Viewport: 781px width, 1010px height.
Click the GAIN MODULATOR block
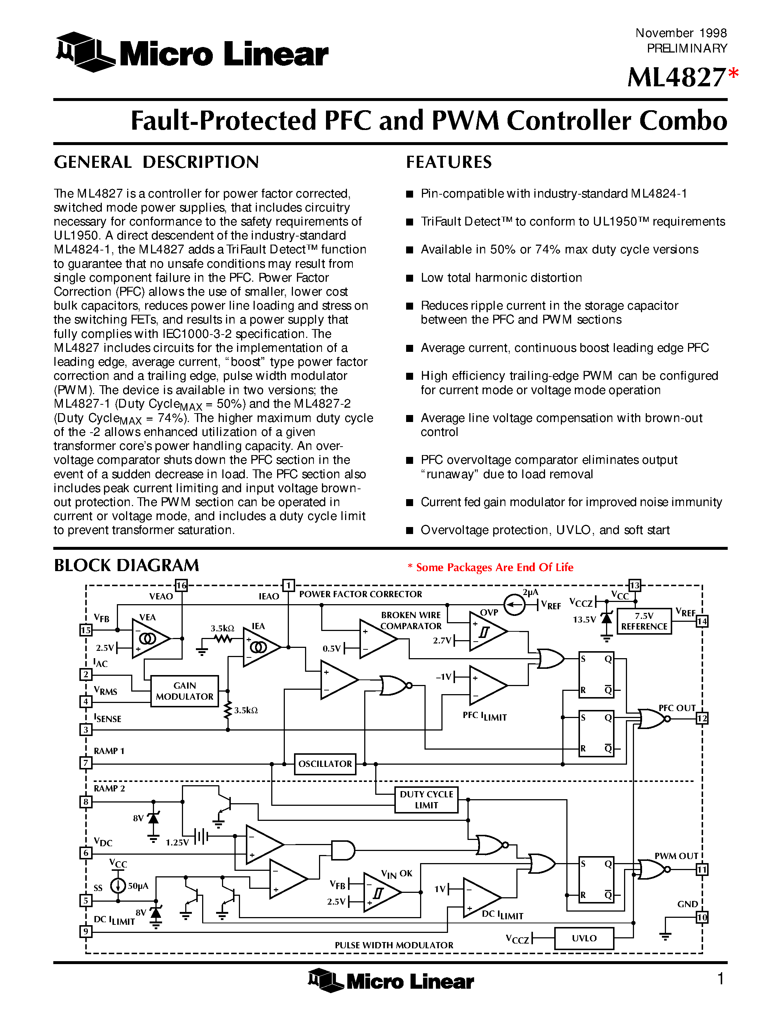click(184, 691)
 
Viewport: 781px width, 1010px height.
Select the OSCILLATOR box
click(325, 764)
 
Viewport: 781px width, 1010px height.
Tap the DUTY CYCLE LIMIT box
click(426, 800)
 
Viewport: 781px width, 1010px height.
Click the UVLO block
click(584, 938)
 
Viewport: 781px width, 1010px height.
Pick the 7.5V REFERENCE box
click(644, 621)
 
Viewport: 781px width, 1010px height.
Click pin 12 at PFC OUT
click(702, 718)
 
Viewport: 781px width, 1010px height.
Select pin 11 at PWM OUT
click(702, 869)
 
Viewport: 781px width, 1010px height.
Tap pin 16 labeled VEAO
click(181, 585)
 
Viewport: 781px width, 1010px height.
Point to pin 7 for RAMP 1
click(86, 762)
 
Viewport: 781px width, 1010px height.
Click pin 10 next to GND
click(702, 917)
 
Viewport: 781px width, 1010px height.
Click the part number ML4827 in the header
click(676, 77)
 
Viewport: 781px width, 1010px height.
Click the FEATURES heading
click(449, 162)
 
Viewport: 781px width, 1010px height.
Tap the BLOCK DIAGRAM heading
click(126, 565)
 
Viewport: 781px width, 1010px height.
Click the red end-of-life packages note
click(490, 567)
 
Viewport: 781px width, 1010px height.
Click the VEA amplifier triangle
click(150, 639)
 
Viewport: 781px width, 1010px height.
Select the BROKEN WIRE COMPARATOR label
click(411, 620)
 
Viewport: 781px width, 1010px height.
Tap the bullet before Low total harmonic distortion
click(409, 278)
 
